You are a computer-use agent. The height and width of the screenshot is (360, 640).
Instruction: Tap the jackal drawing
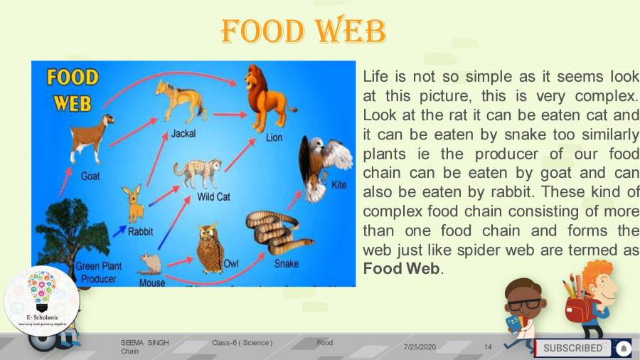click(178, 100)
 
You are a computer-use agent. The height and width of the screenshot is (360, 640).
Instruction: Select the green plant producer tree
click(67, 228)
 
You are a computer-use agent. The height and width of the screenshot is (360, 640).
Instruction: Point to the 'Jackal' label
click(183, 133)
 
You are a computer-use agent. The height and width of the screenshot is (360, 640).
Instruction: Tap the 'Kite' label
click(339, 184)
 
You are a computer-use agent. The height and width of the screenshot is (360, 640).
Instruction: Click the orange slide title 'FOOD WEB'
click(304, 31)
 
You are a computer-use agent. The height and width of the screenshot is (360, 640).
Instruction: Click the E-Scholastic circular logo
click(41, 299)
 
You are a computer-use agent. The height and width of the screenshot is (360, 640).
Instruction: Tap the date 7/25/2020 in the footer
click(420, 346)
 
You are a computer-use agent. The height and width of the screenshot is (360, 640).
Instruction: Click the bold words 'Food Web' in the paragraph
click(402, 268)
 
